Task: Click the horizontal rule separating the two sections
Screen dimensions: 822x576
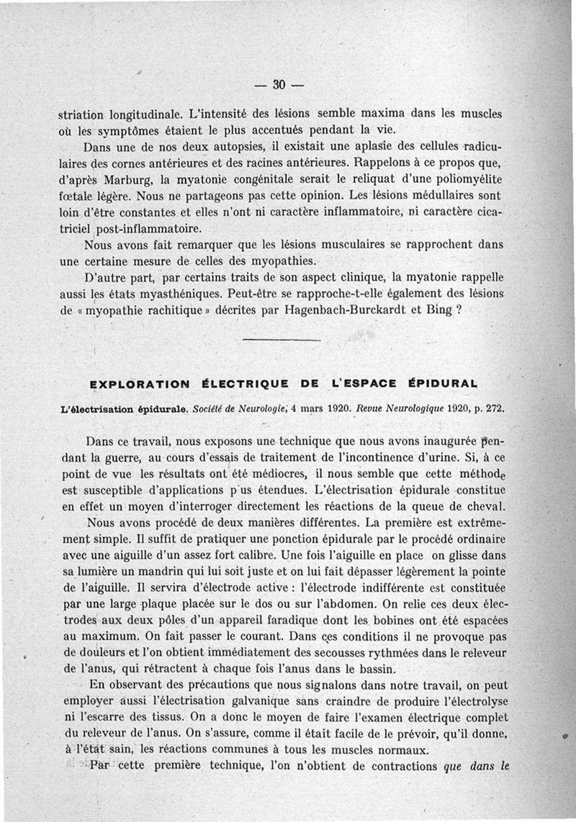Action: (x=281, y=339)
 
